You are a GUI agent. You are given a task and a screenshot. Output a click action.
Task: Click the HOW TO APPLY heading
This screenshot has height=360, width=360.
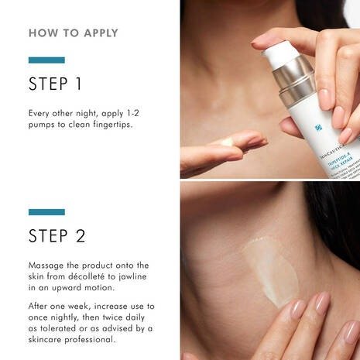coord(74,33)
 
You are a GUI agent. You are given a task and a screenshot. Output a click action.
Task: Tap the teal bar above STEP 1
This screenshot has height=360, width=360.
coord(46,60)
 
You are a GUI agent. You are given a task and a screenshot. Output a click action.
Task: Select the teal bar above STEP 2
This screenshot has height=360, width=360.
coord(46,211)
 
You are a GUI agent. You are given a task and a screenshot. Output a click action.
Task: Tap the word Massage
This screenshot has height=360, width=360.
coord(48,266)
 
